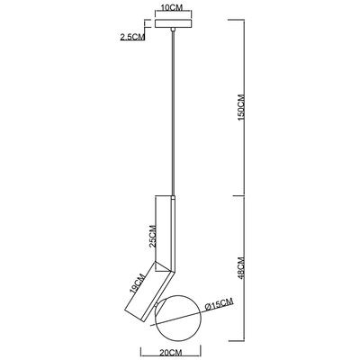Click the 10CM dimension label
pyautogui.click(x=172, y=8)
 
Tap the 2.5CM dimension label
pyautogui.click(x=132, y=37)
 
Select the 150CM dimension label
pyautogui.click(x=241, y=108)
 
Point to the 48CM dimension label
pyautogui.click(x=241, y=268)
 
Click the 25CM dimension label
pyautogui.click(x=153, y=236)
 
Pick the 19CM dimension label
pyautogui.click(x=138, y=283)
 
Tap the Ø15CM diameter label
pyautogui.click(x=219, y=305)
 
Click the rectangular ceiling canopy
pyautogui.click(x=173, y=23)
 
